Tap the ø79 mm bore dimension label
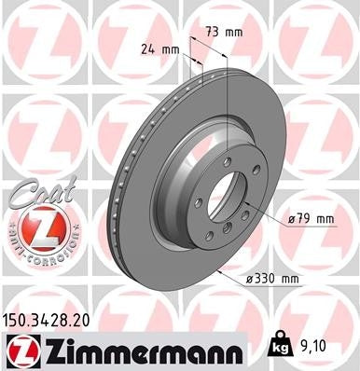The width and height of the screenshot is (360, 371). click(x=312, y=219)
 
